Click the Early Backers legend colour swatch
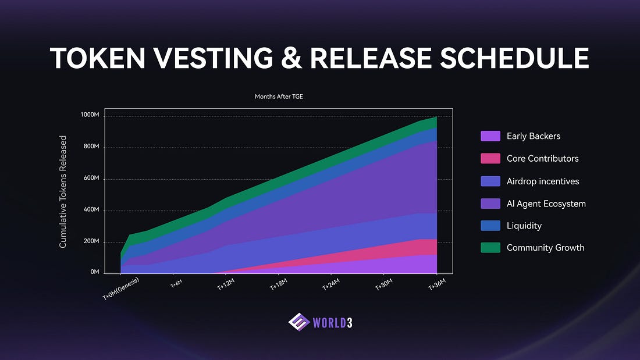pyautogui.click(x=490, y=136)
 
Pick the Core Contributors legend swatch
pyautogui.click(x=490, y=158)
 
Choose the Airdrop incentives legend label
pyautogui.click(x=543, y=181)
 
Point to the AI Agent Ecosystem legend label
pyautogui.click(x=546, y=204)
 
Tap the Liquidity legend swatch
pyautogui.click(x=490, y=226)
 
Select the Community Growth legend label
pyautogui.click(x=545, y=248)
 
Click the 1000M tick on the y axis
pyautogui.click(x=90, y=116)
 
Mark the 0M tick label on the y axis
pyautogui.click(x=94, y=272)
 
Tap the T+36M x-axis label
pyautogui.click(x=437, y=286)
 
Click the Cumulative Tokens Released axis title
pyautogui.click(x=63, y=192)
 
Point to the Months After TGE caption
pyautogui.click(x=279, y=97)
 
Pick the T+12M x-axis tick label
pyautogui.click(x=226, y=286)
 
